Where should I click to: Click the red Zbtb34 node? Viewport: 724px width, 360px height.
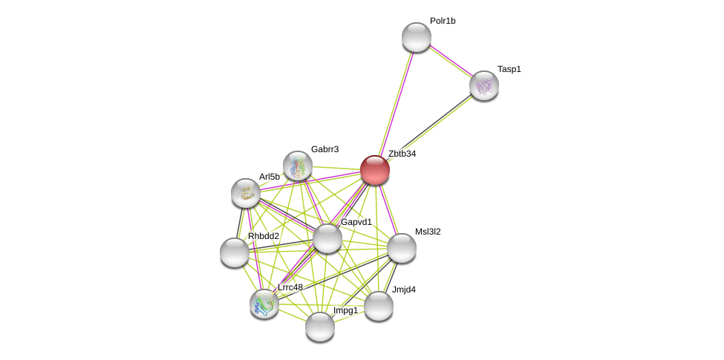click(375, 170)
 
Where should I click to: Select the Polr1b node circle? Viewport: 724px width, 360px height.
click(417, 37)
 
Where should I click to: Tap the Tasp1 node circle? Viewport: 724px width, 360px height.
click(484, 85)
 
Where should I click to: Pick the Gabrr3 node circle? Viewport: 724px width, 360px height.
click(298, 166)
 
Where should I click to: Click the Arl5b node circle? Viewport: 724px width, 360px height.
click(246, 193)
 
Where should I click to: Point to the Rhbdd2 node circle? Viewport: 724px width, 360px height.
click(235, 252)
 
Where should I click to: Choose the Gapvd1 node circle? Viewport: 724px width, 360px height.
click(327, 238)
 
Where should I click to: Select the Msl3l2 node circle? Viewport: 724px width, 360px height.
click(402, 248)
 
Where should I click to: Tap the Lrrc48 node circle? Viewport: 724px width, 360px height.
click(264, 304)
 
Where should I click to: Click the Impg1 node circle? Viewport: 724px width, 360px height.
click(320, 327)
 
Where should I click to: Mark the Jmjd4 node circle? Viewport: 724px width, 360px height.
click(379, 306)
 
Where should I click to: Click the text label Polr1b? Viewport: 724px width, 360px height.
click(443, 21)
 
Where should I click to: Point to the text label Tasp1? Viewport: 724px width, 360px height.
click(509, 69)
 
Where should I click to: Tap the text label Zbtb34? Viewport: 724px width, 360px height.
click(402, 154)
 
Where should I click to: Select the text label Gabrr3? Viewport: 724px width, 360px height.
click(325, 149)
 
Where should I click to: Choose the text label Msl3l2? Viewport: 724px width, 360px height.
click(428, 232)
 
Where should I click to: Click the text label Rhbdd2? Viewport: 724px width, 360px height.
click(264, 236)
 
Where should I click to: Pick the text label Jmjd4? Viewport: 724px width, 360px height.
click(404, 289)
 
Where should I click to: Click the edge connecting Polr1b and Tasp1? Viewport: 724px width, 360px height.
click(450, 61)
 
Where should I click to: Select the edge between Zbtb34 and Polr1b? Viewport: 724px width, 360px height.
click(396, 104)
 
